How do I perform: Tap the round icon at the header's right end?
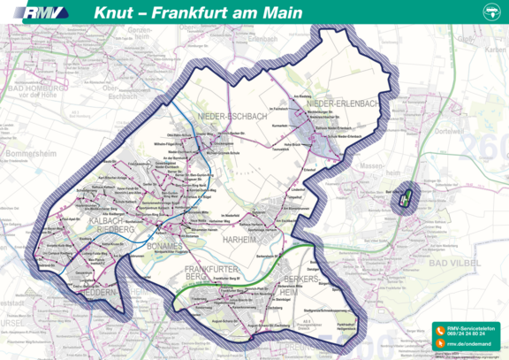[491, 12]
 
